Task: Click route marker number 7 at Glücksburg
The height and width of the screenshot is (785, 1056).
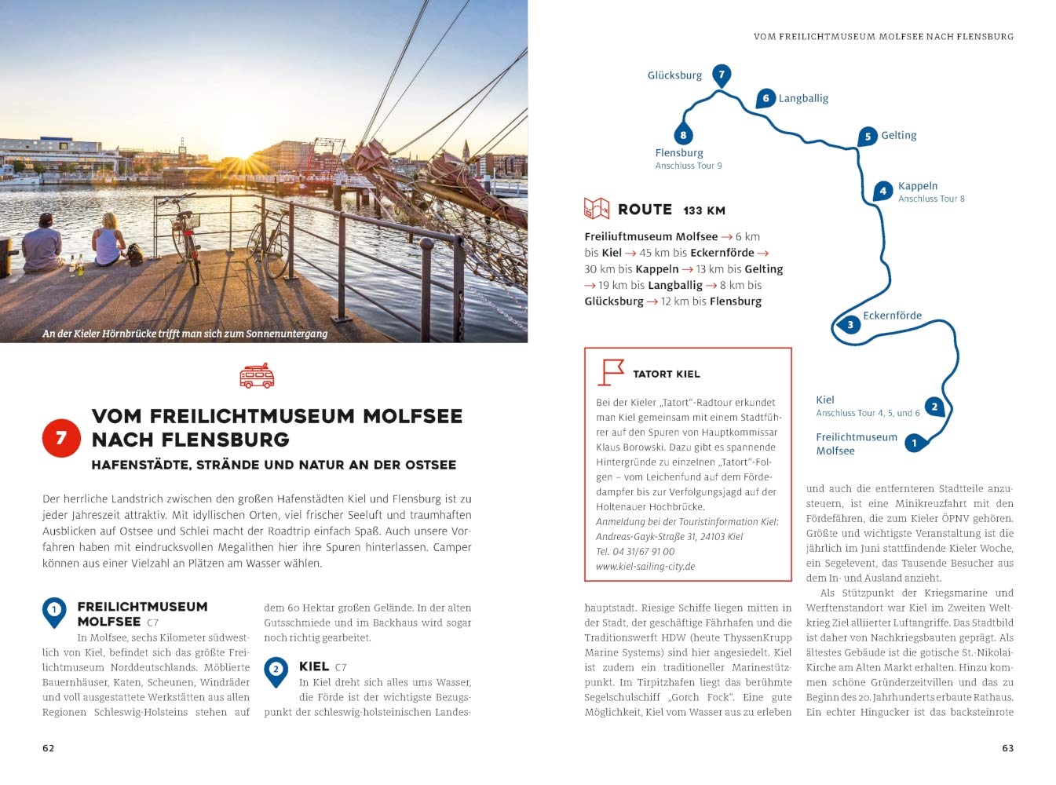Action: point(722,75)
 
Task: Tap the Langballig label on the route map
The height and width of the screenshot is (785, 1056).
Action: point(803,98)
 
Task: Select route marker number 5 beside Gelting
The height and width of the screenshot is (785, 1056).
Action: point(868,137)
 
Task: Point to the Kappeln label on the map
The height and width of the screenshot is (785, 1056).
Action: point(917,186)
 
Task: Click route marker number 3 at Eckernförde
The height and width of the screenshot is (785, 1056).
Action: point(850,324)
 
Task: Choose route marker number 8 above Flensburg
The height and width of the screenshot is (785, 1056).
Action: point(683,135)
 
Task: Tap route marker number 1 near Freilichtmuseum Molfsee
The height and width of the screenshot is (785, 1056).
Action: point(914,444)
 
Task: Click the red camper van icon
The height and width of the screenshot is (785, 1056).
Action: point(257,376)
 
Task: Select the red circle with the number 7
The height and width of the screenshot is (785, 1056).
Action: point(61,437)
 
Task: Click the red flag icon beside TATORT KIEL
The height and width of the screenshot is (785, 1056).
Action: point(611,372)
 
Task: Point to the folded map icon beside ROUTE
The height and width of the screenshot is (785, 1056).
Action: point(597,209)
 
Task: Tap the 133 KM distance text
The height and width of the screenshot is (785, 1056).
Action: point(704,210)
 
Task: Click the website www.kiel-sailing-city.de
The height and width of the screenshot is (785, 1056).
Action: point(645,566)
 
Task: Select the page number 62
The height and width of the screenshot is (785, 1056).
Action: point(49,748)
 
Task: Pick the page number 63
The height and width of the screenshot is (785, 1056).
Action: point(1007,748)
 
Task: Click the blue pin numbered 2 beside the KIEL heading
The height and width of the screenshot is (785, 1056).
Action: point(276,671)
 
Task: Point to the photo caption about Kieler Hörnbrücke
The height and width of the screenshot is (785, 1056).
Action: point(185,334)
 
